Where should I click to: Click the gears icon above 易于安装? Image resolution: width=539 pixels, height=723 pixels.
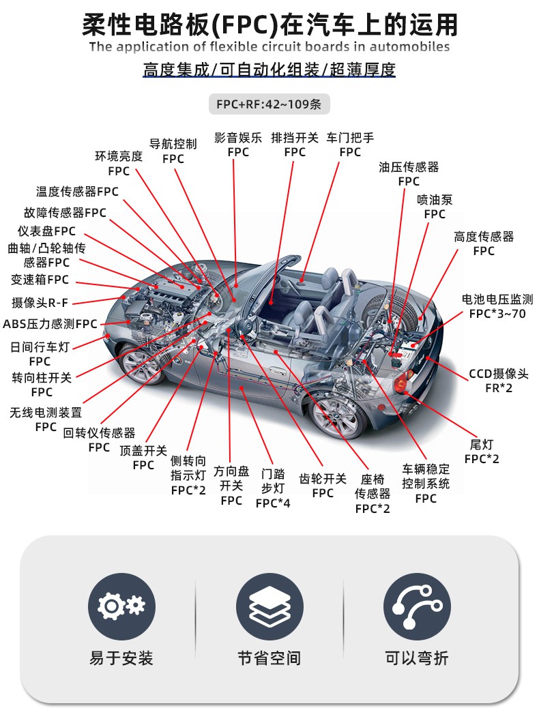pyautogui.click(x=121, y=606)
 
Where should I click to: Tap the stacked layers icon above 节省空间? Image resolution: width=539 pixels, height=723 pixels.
pyautogui.click(x=269, y=606)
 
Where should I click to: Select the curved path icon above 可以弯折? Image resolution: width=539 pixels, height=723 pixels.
pyautogui.click(x=417, y=606)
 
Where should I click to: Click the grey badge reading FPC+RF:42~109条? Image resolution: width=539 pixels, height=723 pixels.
pyautogui.click(x=269, y=104)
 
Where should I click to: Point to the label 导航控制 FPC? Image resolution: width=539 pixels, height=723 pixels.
pyautogui.click(x=173, y=151)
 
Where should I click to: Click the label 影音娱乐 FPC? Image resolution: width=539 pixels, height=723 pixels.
pyautogui.click(x=238, y=145)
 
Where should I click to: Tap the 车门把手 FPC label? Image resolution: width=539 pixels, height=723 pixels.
pyautogui.click(x=350, y=145)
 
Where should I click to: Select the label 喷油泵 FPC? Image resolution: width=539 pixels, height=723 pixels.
pyautogui.click(x=435, y=207)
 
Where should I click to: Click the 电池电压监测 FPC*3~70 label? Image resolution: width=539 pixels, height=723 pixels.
pyautogui.click(x=497, y=307)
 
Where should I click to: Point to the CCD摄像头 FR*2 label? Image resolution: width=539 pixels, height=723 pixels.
pyautogui.click(x=499, y=381)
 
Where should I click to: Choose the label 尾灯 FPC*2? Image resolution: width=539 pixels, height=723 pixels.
pyautogui.click(x=482, y=452)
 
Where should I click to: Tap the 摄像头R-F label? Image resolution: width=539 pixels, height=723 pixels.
pyautogui.click(x=40, y=302)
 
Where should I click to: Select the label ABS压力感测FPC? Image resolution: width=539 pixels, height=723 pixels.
pyautogui.click(x=50, y=324)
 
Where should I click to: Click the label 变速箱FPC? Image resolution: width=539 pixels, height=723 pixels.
pyautogui.click(x=40, y=280)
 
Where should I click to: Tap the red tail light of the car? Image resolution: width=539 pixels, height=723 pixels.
pyautogui.click(x=400, y=383)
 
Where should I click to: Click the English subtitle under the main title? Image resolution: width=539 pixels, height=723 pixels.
pyautogui.click(x=269, y=46)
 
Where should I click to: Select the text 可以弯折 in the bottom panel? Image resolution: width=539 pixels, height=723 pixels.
pyautogui.click(x=417, y=658)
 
